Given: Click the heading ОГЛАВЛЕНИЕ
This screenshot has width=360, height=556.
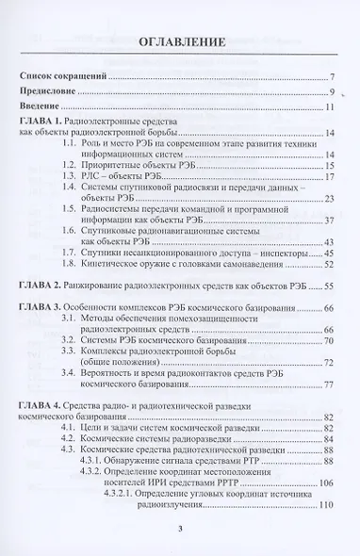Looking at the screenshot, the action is (180, 41).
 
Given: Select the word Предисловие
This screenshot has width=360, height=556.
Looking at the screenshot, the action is (54, 92).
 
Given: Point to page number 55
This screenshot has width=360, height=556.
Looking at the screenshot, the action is (331, 284).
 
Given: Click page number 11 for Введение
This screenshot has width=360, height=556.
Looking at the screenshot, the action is (331, 109).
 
